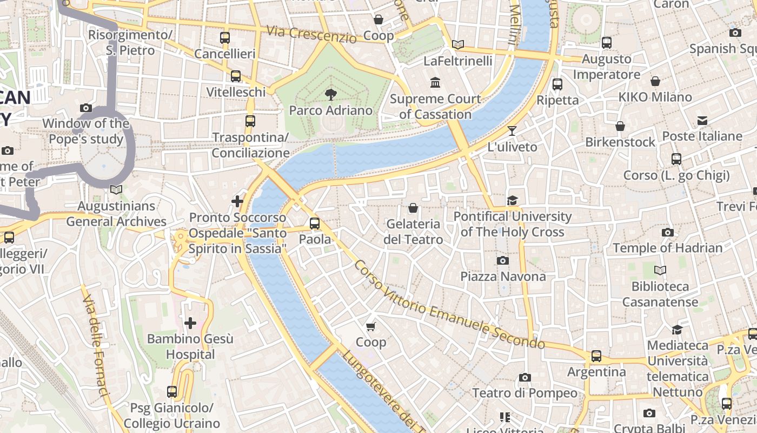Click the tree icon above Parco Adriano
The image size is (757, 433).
[x=330, y=95]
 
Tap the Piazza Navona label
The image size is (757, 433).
[x=503, y=277]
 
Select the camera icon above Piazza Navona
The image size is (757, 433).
[x=503, y=261]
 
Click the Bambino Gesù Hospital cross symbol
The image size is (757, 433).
[x=190, y=323]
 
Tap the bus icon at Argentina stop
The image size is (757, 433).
[x=596, y=356]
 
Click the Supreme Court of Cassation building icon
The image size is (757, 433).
[x=435, y=83]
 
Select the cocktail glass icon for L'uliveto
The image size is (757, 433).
[x=512, y=131]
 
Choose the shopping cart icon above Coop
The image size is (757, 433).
[x=371, y=326]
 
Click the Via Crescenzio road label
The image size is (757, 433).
[x=311, y=34]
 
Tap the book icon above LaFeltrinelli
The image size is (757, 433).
[x=458, y=45]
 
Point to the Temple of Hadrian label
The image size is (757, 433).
[x=667, y=248]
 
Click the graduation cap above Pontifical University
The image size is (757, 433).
[x=512, y=201]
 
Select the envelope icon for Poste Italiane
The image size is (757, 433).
[x=702, y=120]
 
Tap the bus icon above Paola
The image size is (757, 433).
[x=314, y=224]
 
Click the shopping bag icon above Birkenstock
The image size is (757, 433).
[x=620, y=126]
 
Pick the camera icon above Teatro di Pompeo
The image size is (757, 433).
[x=524, y=377]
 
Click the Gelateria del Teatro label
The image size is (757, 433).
[x=414, y=232]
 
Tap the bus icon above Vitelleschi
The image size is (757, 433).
[x=236, y=76]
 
